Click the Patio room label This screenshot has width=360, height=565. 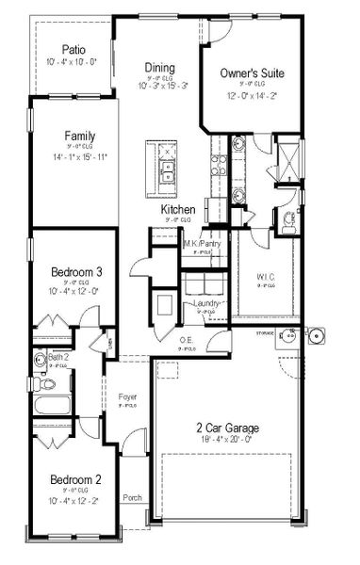tap(74, 50)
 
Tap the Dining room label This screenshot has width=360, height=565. tap(159, 67)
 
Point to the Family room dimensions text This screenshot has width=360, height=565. tap(74, 157)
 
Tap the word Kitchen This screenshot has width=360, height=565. tap(177, 209)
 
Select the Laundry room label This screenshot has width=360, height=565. tap(206, 303)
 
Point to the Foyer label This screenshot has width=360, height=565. tap(127, 397)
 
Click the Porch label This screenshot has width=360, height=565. tap(132, 498)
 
